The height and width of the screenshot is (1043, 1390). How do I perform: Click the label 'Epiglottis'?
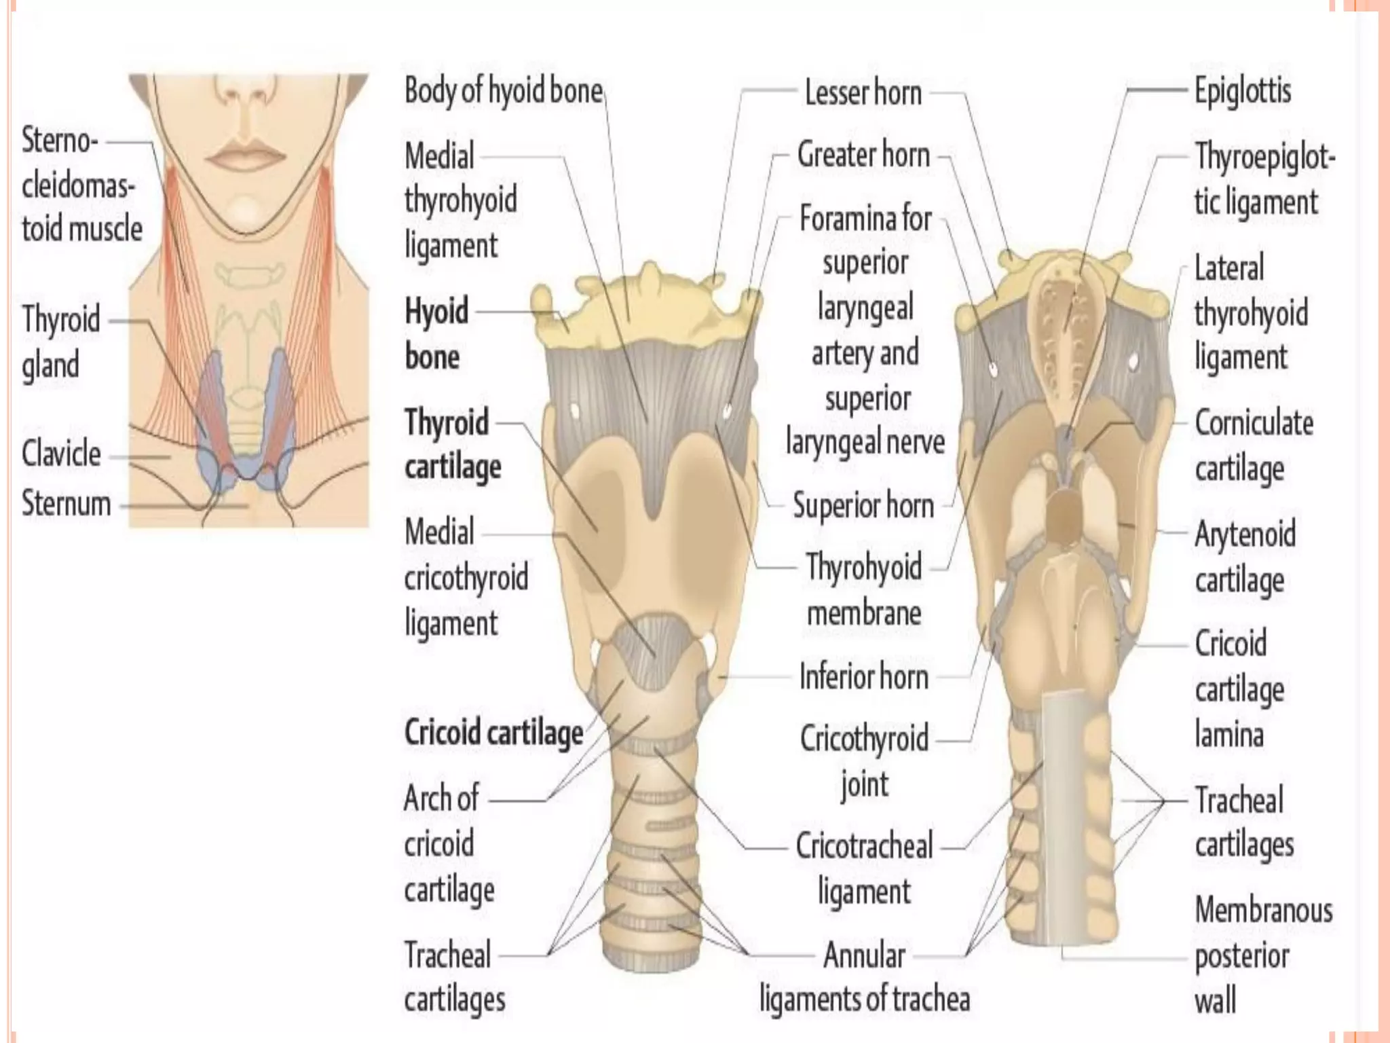tap(1242, 92)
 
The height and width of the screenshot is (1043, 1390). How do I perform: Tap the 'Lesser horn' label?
tap(863, 93)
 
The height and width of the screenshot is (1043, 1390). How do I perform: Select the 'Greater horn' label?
tap(863, 155)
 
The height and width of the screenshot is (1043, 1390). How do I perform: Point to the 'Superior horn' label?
tap(863, 506)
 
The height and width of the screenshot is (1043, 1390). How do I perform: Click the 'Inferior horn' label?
tap(863, 677)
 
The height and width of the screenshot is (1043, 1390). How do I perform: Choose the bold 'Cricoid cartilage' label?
tap(493, 733)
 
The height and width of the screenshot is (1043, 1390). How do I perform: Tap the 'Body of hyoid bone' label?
tap(503, 91)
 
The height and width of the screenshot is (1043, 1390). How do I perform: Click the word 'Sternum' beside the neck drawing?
tap(66, 504)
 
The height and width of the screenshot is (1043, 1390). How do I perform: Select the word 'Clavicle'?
tap(61, 454)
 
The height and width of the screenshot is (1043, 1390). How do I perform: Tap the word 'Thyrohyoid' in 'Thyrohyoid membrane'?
tap(863, 568)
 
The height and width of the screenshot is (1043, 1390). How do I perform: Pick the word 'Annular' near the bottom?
tap(864, 955)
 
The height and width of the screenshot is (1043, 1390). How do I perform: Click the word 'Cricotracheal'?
tap(864, 847)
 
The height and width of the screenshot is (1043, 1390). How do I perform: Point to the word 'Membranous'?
tap(1263, 911)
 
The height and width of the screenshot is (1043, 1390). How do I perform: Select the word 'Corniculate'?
tap(1254, 423)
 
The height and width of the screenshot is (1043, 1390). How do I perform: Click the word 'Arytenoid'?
tap(1245, 534)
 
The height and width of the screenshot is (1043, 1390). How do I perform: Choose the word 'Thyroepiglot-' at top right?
tap(1264, 158)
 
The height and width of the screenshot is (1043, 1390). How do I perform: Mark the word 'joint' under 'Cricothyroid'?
tap(864, 785)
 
